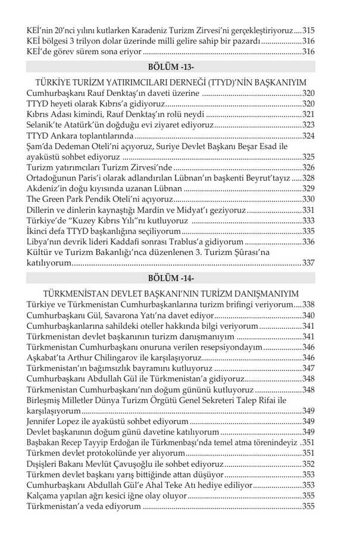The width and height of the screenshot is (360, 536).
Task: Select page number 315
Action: (x=308, y=30)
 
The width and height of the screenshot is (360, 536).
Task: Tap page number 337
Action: (x=308, y=263)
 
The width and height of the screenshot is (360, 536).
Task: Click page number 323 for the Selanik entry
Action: (x=308, y=125)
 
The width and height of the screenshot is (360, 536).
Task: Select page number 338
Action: (x=308, y=304)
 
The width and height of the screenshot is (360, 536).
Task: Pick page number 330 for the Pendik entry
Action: (x=308, y=199)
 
